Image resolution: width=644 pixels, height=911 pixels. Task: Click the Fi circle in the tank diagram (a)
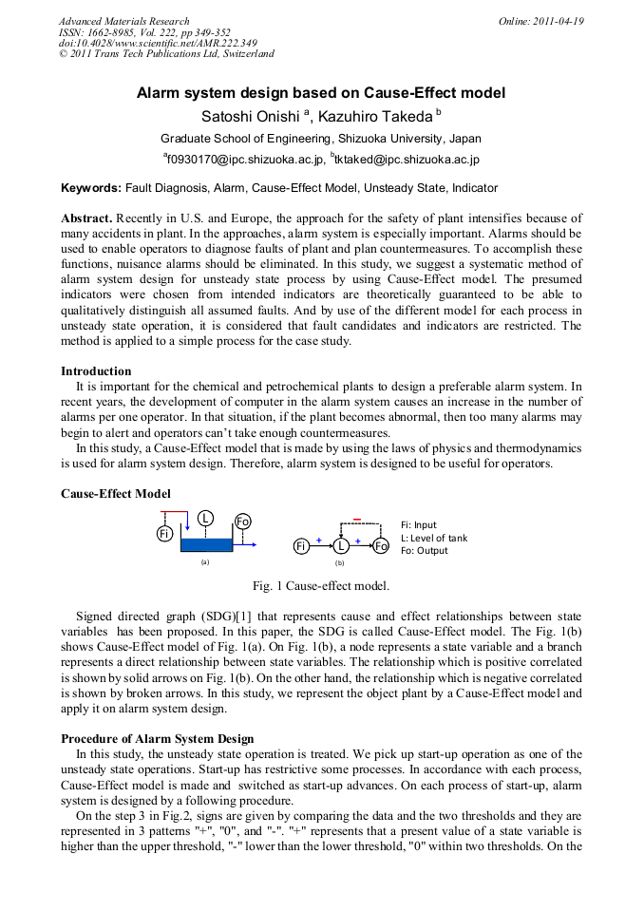pos(163,535)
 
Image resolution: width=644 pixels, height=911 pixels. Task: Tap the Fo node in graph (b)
pos(381,546)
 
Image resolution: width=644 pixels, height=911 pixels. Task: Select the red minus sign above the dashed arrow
pos(356,519)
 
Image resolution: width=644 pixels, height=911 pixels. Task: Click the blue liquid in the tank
pos(206,544)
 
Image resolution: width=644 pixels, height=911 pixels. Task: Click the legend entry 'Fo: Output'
pos(425,550)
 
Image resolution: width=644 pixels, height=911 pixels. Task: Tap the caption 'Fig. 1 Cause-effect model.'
pos(321,585)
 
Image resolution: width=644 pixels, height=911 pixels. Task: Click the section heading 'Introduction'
pos(96,370)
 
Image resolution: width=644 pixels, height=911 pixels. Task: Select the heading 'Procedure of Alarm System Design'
pos(157,738)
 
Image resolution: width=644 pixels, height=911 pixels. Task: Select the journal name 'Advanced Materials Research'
pos(123,21)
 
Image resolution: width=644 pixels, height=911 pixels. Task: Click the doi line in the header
pos(158,43)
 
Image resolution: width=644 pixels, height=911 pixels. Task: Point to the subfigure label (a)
pos(203,561)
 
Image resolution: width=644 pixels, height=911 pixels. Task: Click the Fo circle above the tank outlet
pos(243,521)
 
